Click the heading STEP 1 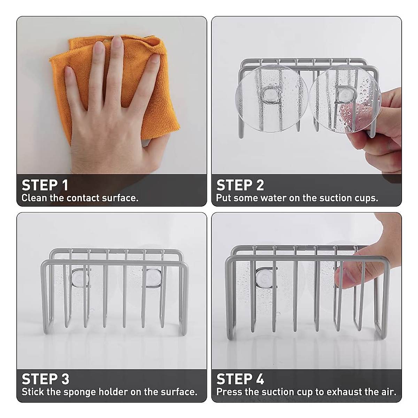click(45, 185)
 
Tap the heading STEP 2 click(240, 185)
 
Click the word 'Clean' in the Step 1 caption click(34, 198)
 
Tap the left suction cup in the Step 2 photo click(269, 98)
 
